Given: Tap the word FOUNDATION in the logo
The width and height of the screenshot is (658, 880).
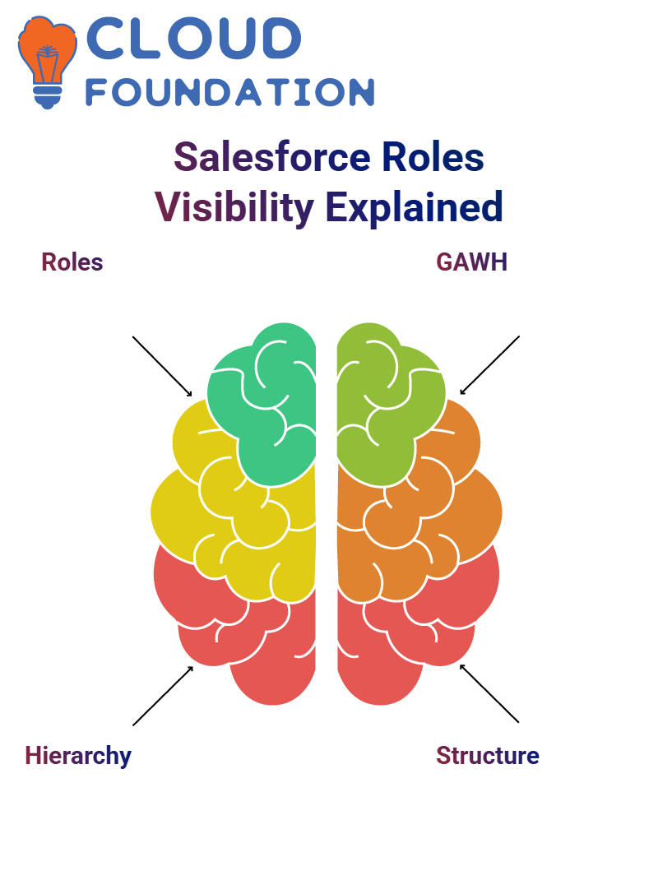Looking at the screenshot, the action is (229, 93).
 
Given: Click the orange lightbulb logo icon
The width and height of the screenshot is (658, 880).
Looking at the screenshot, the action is (47, 62).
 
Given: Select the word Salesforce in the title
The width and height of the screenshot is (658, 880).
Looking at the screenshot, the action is (272, 157).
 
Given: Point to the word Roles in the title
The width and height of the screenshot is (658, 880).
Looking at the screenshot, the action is (433, 157).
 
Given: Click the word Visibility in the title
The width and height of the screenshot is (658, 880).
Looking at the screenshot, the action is (234, 207).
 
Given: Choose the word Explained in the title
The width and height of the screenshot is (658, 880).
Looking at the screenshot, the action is (415, 207).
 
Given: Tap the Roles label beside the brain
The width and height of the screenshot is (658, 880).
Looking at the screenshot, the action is (72, 262).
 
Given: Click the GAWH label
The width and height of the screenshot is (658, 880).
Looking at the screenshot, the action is (471, 262).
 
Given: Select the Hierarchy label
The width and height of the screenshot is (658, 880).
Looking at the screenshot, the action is (78, 756).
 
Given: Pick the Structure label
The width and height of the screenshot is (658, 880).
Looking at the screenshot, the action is (487, 756).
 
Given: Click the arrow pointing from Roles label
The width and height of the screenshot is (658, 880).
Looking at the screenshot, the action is (162, 367).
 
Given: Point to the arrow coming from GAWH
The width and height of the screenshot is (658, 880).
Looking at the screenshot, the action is (489, 365).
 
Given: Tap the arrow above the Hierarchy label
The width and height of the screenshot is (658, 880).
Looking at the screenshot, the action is (163, 696).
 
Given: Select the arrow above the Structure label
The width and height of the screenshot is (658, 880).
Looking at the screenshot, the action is (489, 693).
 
